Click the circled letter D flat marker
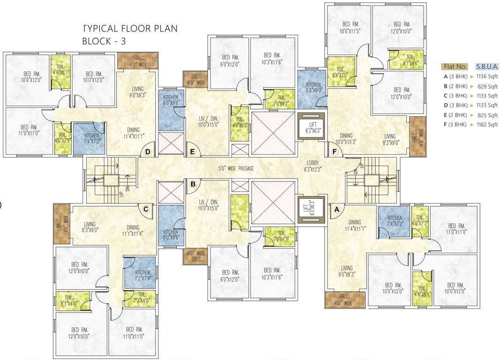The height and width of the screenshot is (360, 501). [x=148, y=152]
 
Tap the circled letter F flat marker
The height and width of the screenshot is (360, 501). [x=335, y=151]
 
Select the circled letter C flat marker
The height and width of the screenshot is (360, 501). [x=146, y=209]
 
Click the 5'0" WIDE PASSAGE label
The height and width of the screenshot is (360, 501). [x=236, y=168]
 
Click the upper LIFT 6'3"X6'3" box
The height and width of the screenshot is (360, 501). [x=311, y=126]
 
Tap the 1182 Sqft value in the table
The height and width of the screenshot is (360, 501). [x=487, y=125]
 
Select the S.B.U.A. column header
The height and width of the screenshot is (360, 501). [x=487, y=66]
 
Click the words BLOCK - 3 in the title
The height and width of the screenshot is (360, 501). [x=104, y=41]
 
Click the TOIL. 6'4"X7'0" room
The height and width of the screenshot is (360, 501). [x=340, y=71]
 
